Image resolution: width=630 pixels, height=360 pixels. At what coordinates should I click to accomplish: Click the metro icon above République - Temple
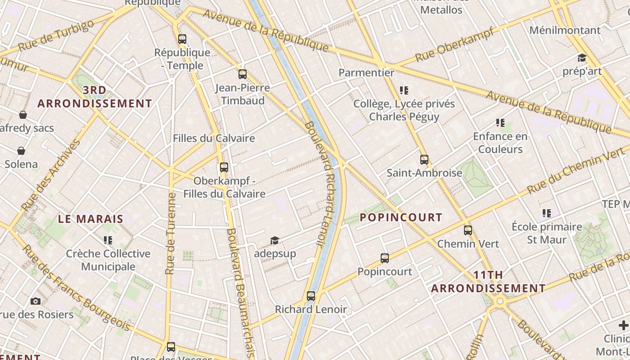[182, 39]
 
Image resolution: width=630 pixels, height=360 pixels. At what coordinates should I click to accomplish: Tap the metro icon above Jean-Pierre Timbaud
[243, 74]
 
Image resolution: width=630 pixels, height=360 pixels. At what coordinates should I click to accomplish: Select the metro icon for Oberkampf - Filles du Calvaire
[224, 168]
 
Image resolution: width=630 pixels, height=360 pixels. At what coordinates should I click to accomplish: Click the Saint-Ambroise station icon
[424, 160]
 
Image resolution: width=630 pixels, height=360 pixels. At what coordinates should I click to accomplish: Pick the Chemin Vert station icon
[468, 230]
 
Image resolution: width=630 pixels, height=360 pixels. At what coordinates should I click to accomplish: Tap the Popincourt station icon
[384, 258]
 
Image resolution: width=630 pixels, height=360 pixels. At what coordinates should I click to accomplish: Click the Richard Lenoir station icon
[310, 296]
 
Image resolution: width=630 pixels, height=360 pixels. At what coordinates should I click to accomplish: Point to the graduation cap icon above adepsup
[274, 241]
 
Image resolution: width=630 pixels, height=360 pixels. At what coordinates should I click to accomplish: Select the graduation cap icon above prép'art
[582, 58]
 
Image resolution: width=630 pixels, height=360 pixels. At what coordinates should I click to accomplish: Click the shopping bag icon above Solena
[21, 151]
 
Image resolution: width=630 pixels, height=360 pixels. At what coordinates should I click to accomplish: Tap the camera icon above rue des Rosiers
[36, 301]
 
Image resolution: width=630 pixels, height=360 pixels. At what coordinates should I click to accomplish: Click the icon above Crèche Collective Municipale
[108, 240]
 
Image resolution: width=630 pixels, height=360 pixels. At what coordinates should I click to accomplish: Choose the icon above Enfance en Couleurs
[500, 123]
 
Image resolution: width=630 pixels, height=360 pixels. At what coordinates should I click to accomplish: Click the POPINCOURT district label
[401, 218]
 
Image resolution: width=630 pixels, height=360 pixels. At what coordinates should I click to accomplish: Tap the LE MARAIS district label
[90, 219]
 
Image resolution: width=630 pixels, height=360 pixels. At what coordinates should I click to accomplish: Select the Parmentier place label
[366, 72]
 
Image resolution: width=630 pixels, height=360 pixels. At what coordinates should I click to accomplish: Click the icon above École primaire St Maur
[547, 213]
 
